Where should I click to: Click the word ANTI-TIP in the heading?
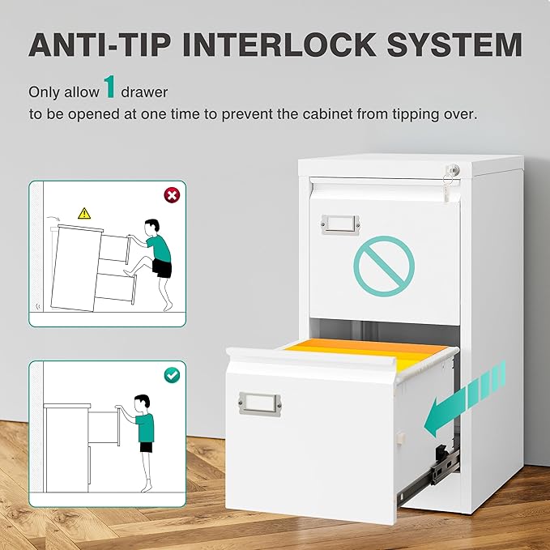100,45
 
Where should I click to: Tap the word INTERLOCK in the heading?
279,45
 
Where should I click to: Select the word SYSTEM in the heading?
454,45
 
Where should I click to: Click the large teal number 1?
109,87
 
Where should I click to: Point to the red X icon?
172,195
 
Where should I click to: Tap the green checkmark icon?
172,375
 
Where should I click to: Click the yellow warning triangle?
84,214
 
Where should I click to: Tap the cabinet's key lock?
454,170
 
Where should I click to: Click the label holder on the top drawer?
340,224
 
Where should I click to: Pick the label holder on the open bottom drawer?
259,404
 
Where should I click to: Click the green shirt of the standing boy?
145,427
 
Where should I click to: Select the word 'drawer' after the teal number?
144,92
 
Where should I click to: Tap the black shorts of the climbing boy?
162,268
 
